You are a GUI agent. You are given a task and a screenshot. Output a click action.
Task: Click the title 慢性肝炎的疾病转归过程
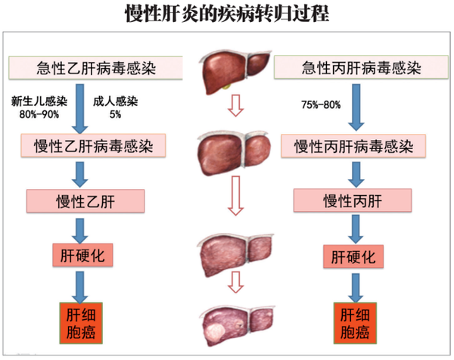pyautogui.click(x=227, y=14)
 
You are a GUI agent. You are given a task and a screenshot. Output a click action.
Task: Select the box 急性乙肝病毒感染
pyautogui.click(x=95, y=68)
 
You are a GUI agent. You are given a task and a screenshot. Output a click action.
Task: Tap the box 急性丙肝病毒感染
pyautogui.click(x=361, y=67)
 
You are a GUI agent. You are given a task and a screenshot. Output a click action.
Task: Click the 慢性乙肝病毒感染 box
pyautogui.click(x=93, y=145)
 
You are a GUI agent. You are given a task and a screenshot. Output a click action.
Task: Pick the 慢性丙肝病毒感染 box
pyautogui.click(x=353, y=146)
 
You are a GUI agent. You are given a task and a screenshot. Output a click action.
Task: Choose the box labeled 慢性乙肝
pyautogui.click(x=86, y=201)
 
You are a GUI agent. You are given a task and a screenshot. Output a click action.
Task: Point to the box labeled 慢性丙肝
pyautogui.click(x=353, y=200)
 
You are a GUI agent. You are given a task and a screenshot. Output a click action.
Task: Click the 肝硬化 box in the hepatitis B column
pyautogui.click(x=82, y=255)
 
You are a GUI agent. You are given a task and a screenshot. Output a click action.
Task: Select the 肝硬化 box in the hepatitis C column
pyautogui.click(x=353, y=256)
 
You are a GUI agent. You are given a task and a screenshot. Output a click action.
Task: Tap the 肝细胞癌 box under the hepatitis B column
pyautogui.click(x=81, y=323)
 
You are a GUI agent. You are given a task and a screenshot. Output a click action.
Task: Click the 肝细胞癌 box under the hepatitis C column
pyautogui.click(x=355, y=323)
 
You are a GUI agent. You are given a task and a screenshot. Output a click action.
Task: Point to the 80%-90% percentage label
pyautogui.click(x=39, y=115)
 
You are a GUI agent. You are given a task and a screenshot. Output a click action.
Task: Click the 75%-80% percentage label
pyautogui.click(x=321, y=104)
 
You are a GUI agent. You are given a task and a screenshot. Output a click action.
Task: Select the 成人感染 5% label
pyautogui.click(x=115, y=107)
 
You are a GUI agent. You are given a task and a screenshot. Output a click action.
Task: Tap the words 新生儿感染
pyautogui.click(x=39, y=101)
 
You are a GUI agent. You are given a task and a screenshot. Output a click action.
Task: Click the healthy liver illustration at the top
pyautogui.click(x=235, y=72)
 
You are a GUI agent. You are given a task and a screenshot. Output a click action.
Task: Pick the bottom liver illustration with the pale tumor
pyautogui.click(x=236, y=325)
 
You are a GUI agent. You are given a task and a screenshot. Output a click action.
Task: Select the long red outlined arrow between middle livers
pyautogui.click(x=235, y=196)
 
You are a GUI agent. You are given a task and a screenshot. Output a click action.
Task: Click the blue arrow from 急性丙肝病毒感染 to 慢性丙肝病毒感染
pyautogui.click(x=356, y=107)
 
